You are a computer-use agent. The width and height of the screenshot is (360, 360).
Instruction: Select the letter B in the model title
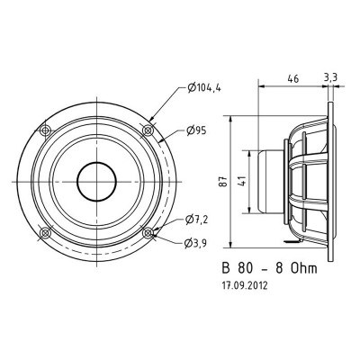tap(226, 267)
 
